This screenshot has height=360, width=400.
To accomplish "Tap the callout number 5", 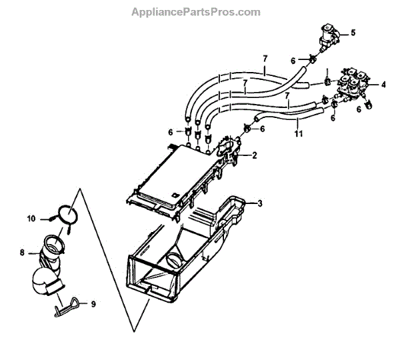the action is coord(353,32).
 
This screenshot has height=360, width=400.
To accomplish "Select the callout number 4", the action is coord(384,85).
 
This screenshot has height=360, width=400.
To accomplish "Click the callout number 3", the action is coord(261,203).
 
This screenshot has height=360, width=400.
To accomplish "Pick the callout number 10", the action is coord(31,218).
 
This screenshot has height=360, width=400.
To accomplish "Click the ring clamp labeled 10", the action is coord(65,215).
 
